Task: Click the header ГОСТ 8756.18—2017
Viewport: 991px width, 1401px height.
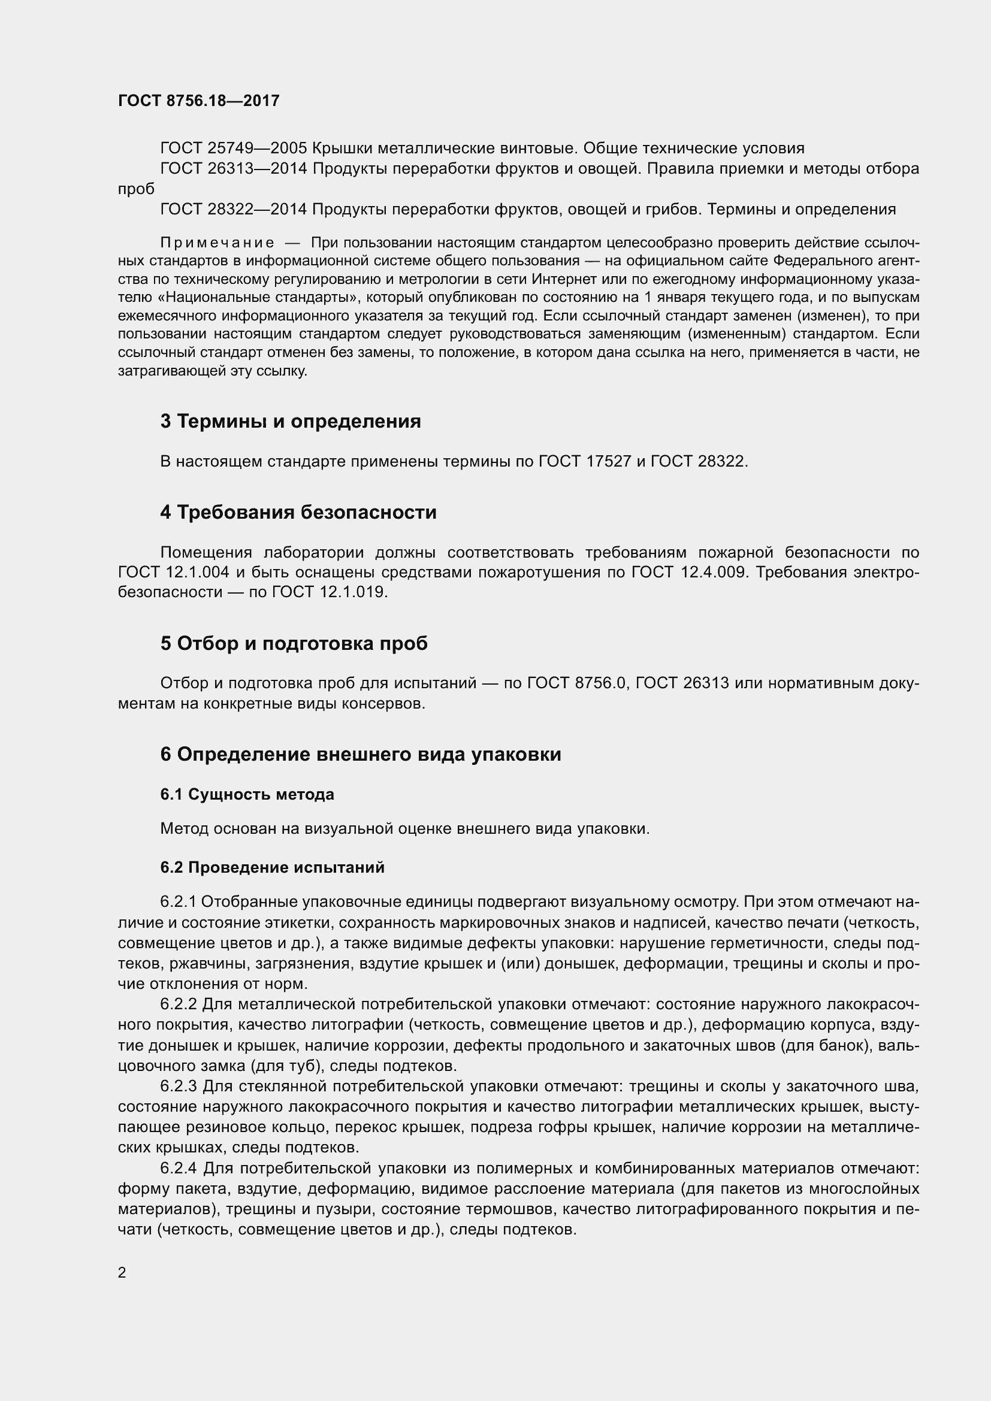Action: [x=198, y=101]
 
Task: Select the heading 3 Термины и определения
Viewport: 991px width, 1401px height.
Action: [x=291, y=421]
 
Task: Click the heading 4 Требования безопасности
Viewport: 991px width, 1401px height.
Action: [x=298, y=512]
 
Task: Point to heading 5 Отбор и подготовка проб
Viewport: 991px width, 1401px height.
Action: [x=294, y=643]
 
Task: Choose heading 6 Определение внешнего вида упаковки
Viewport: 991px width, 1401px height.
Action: [x=361, y=754]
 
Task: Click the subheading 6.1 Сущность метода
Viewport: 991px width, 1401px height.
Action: [x=247, y=794]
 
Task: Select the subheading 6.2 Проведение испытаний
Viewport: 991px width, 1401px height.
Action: [x=272, y=867]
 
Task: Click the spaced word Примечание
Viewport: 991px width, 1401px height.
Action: [x=217, y=243]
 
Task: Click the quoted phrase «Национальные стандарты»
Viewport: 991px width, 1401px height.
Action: [x=255, y=298]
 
